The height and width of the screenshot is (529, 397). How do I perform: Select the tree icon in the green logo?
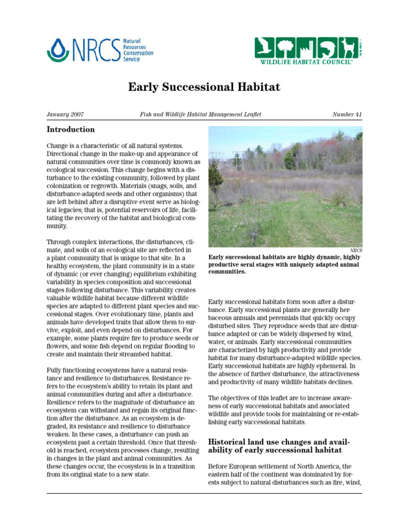[285, 48]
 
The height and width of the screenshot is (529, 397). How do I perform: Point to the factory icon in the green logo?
[306, 48]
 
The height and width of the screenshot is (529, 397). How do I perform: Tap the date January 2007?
[65, 114]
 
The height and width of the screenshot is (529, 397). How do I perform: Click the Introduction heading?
[71, 130]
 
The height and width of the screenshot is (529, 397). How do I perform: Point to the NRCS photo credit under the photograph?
[356, 250]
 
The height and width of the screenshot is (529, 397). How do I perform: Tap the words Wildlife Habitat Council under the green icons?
[306, 61]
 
